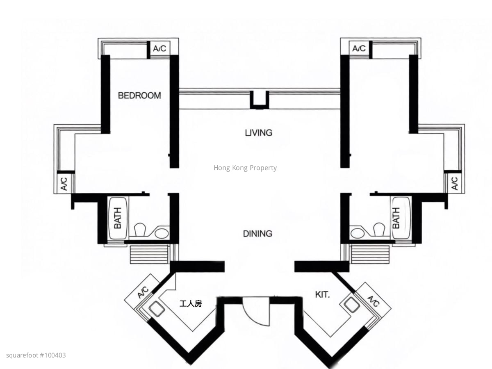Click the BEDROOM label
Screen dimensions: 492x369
pyautogui.click(x=139, y=96)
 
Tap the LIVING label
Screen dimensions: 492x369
pyautogui.click(x=258, y=133)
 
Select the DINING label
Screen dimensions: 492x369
pyautogui.click(x=257, y=234)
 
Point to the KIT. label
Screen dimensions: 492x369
pyautogui.click(x=322, y=295)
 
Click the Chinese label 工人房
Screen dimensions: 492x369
pyautogui.click(x=191, y=303)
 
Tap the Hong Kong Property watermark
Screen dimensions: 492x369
pyautogui.click(x=245, y=168)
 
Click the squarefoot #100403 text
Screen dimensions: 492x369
pyautogui.click(x=36, y=355)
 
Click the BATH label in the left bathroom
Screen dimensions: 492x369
pyautogui.click(x=118, y=218)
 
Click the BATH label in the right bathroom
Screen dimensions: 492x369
pyautogui.click(x=396, y=218)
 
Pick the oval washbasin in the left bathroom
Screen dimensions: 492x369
pyautogui.click(x=162, y=233)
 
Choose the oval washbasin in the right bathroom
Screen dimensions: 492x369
pyautogui.click(x=357, y=233)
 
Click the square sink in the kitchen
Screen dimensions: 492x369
pyautogui.click(x=352, y=305)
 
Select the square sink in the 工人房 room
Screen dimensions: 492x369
pyautogui.click(x=157, y=309)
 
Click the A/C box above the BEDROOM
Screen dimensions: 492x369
pyautogui.click(x=159, y=48)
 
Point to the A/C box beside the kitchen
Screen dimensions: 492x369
pyautogui.click(x=374, y=301)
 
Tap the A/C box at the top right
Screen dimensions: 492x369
pyautogui.click(x=359, y=48)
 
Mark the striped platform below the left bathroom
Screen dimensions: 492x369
pyautogui.click(x=149, y=255)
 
